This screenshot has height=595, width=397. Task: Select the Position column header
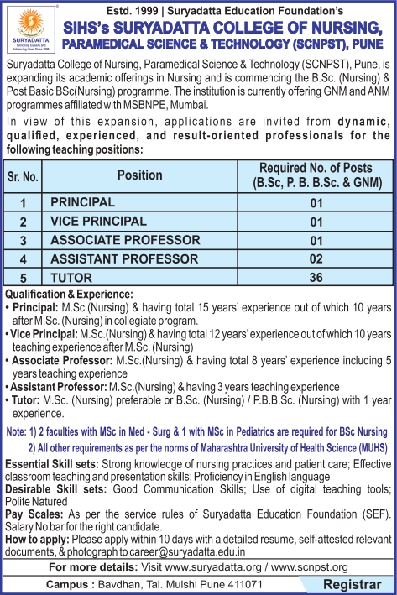click(x=140, y=175)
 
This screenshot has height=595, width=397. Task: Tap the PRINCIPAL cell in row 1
click(x=82, y=202)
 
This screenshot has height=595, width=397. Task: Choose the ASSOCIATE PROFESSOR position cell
click(x=125, y=240)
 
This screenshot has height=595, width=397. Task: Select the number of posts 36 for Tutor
click(x=316, y=278)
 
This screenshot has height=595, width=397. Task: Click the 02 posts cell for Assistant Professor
click(x=316, y=259)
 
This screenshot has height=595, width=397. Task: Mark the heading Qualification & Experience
click(x=69, y=295)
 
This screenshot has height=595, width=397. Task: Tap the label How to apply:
click(x=39, y=516)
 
